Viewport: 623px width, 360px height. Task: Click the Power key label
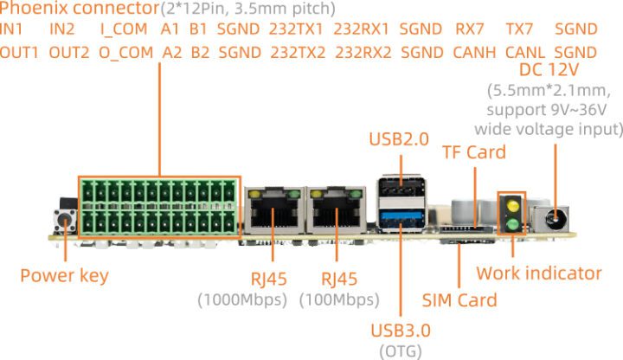coord(65,276)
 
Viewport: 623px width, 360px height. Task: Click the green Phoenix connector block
coord(158,205)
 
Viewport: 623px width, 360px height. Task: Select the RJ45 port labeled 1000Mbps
coord(272,209)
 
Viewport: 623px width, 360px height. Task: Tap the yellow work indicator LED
coord(512,207)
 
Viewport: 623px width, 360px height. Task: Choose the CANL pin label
coord(524,52)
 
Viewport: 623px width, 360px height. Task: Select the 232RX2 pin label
coord(363,52)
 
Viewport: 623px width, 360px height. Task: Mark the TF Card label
coord(473,153)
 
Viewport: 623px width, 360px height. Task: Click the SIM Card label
coord(459,300)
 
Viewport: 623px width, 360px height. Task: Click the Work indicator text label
coord(538,273)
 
